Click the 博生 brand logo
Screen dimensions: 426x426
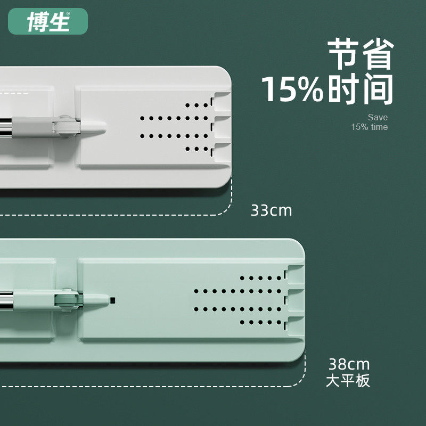click(x=48, y=21)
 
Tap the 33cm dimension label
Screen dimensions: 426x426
click(x=272, y=210)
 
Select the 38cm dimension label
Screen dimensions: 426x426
click(x=349, y=365)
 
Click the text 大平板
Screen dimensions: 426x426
click(x=348, y=381)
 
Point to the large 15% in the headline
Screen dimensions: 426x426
click(x=292, y=89)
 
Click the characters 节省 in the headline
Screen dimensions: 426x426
click(x=361, y=53)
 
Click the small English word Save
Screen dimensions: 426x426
click(x=378, y=117)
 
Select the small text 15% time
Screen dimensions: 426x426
click(x=369, y=127)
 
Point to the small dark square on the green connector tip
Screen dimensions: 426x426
click(x=112, y=300)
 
